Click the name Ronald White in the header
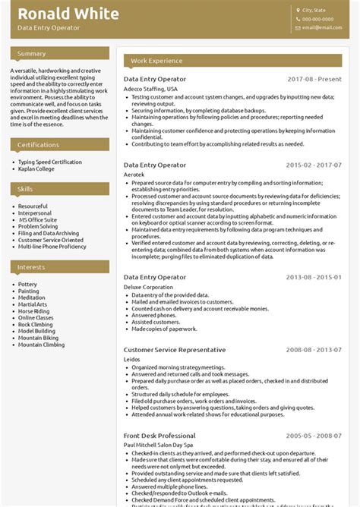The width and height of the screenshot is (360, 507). (68, 14)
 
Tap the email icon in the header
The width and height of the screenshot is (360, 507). (298, 27)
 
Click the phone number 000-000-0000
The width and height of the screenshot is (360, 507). (317, 19)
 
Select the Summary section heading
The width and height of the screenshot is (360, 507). (32, 54)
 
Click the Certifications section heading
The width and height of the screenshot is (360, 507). (38, 145)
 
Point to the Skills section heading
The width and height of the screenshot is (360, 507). (26, 189)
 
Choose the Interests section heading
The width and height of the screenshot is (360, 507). (31, 267)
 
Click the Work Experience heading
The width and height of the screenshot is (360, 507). (156, 61)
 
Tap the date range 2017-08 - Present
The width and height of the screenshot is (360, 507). (314, 79)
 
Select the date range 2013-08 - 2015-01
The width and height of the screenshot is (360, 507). (314, 278)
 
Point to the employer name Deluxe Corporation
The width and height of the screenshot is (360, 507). (148, 288)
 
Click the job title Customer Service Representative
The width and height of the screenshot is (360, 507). (174, 350)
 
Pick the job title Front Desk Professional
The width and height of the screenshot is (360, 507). (159, 436)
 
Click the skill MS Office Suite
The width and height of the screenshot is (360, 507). (38, 219)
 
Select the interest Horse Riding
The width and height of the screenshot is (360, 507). (33, 311)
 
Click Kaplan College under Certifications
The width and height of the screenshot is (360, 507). (36, 168)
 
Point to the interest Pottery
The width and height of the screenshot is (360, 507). (27, 285)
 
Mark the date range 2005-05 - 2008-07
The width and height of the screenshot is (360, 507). (314, 436)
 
